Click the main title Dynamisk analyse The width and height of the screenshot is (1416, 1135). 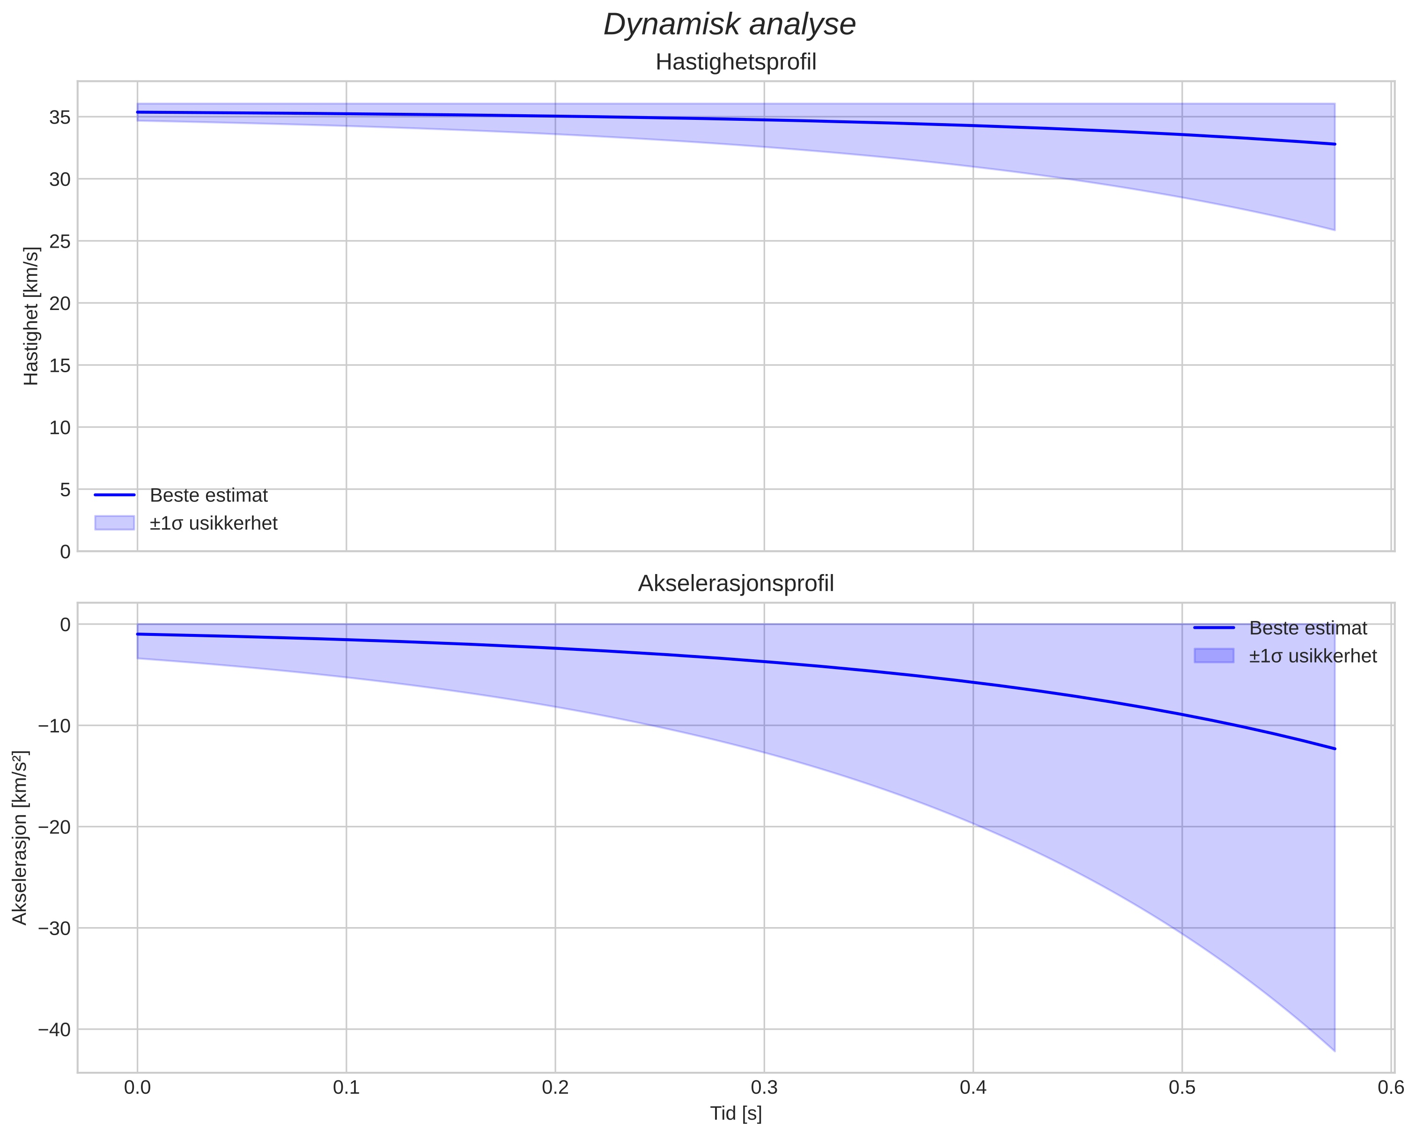730,25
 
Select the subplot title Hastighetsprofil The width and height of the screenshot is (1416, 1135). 736,62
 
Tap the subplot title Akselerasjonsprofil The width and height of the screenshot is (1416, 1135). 736,583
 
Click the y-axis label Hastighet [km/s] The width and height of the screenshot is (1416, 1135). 31,316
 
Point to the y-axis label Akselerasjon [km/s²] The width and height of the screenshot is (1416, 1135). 20,838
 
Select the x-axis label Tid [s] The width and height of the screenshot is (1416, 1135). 736,1113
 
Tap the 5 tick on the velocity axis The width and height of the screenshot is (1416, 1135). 64,489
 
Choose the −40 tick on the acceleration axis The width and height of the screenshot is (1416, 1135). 54,1029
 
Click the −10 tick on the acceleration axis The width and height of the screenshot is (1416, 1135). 54,726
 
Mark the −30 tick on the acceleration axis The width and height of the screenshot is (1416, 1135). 54,928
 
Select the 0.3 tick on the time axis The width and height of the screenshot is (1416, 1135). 764,1088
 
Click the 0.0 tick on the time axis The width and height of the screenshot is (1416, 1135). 137,1088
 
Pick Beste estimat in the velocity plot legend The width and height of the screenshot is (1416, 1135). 208,495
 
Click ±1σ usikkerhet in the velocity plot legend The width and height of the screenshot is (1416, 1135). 214,523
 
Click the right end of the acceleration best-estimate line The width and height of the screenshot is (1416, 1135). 1335,749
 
